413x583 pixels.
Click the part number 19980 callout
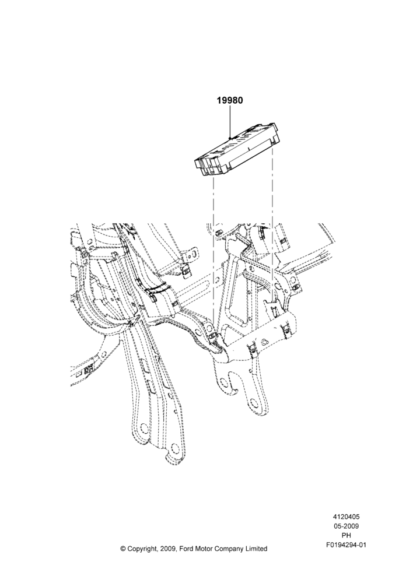(230, 100)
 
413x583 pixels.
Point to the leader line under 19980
(230, 122)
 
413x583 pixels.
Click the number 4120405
(346, 517)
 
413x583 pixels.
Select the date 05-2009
(346, 526)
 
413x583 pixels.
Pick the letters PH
(346, 535)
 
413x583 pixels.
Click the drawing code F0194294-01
(346, 545)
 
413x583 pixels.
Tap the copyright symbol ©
(123, 549)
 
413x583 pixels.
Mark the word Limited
(256, 549)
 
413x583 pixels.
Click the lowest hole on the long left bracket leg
(173, 446)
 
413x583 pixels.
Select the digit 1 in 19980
(219, 100)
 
